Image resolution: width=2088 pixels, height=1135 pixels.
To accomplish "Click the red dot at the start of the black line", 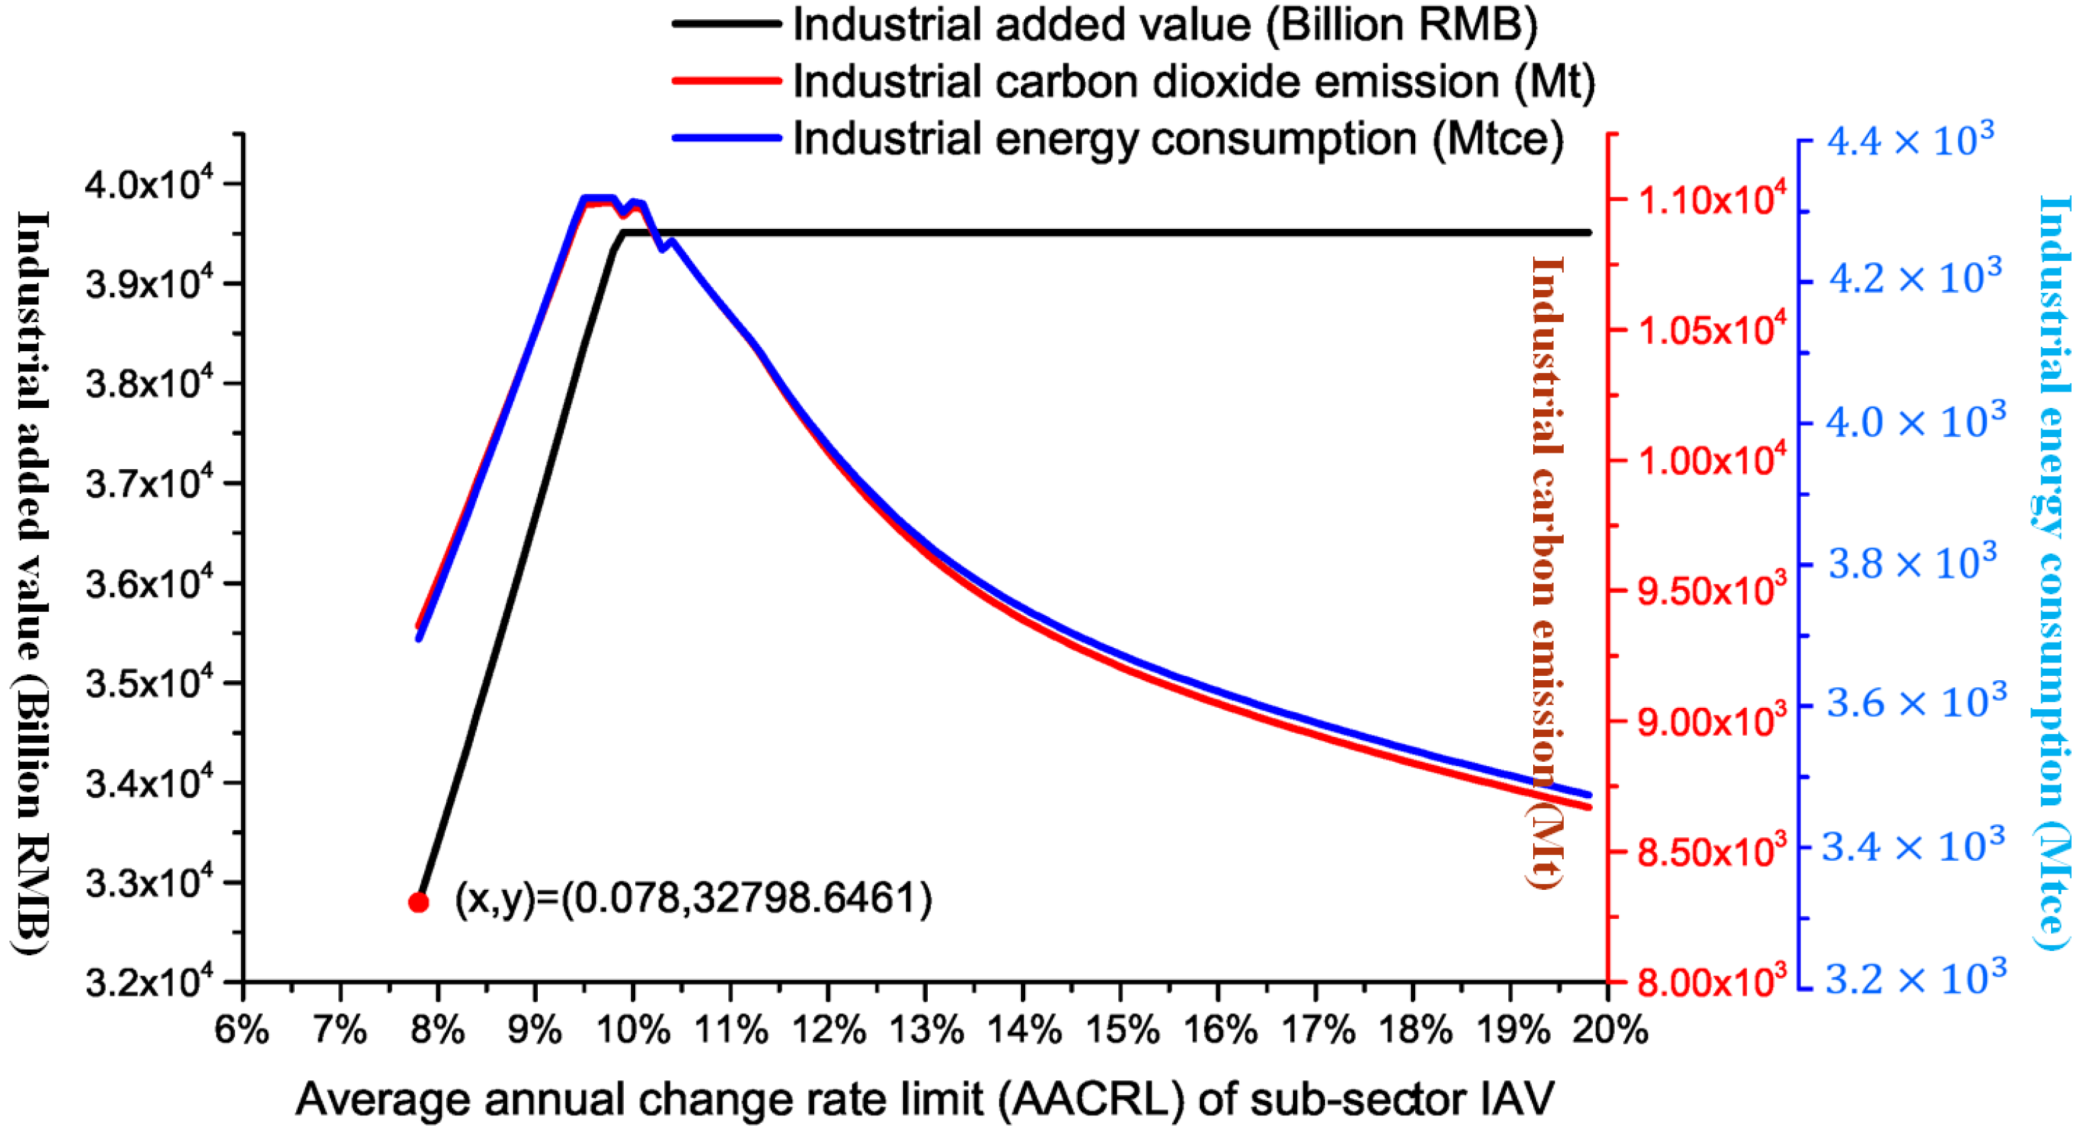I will point(418,903).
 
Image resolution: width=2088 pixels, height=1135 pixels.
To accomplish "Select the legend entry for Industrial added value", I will point(1164,25).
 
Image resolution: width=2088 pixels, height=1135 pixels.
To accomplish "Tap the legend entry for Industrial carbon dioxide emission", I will point(1193,82).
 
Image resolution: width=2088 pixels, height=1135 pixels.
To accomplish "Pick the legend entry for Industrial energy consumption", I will point(1177,139).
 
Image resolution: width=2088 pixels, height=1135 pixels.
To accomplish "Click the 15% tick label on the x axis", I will point(1122,1031).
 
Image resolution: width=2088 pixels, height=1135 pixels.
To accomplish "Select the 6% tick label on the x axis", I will point(242,1031).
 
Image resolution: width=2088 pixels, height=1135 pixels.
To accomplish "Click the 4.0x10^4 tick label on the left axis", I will point(149,185).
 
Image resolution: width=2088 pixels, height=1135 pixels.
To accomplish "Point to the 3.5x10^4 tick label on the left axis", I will point(149,684).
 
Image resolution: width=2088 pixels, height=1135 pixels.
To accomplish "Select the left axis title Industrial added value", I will point(33,582).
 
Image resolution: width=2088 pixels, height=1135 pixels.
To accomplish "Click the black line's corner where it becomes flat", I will point(623,232).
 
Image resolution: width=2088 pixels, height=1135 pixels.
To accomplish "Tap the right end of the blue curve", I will point(1589,795).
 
